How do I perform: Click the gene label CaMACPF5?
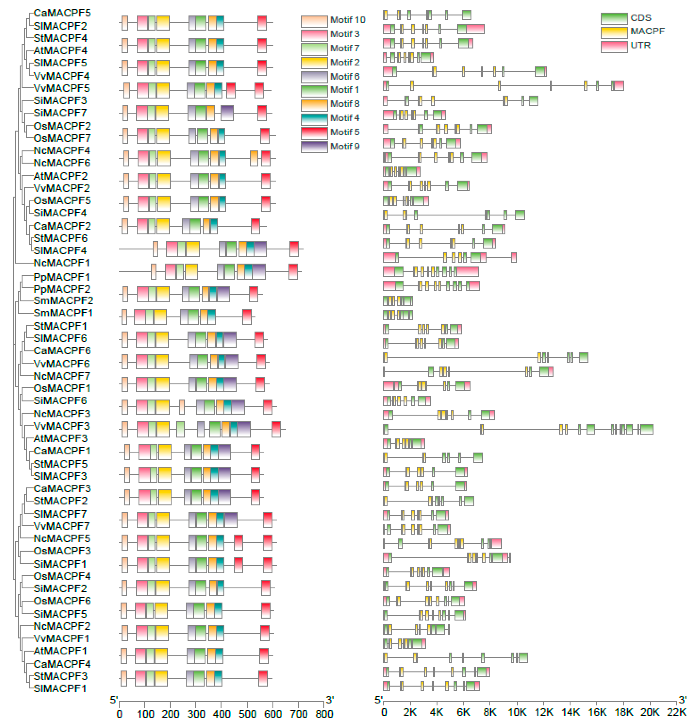point(62,13)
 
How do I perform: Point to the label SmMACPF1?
point(63,313)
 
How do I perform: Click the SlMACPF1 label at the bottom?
point(60,688)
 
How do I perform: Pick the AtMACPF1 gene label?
point(60,651)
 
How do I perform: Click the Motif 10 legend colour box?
point(314,21)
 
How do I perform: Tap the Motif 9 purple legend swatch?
point(314,147)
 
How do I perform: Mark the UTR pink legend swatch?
point(614,46)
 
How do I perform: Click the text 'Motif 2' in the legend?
point(345,62)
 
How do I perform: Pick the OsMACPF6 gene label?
point(62,601)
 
